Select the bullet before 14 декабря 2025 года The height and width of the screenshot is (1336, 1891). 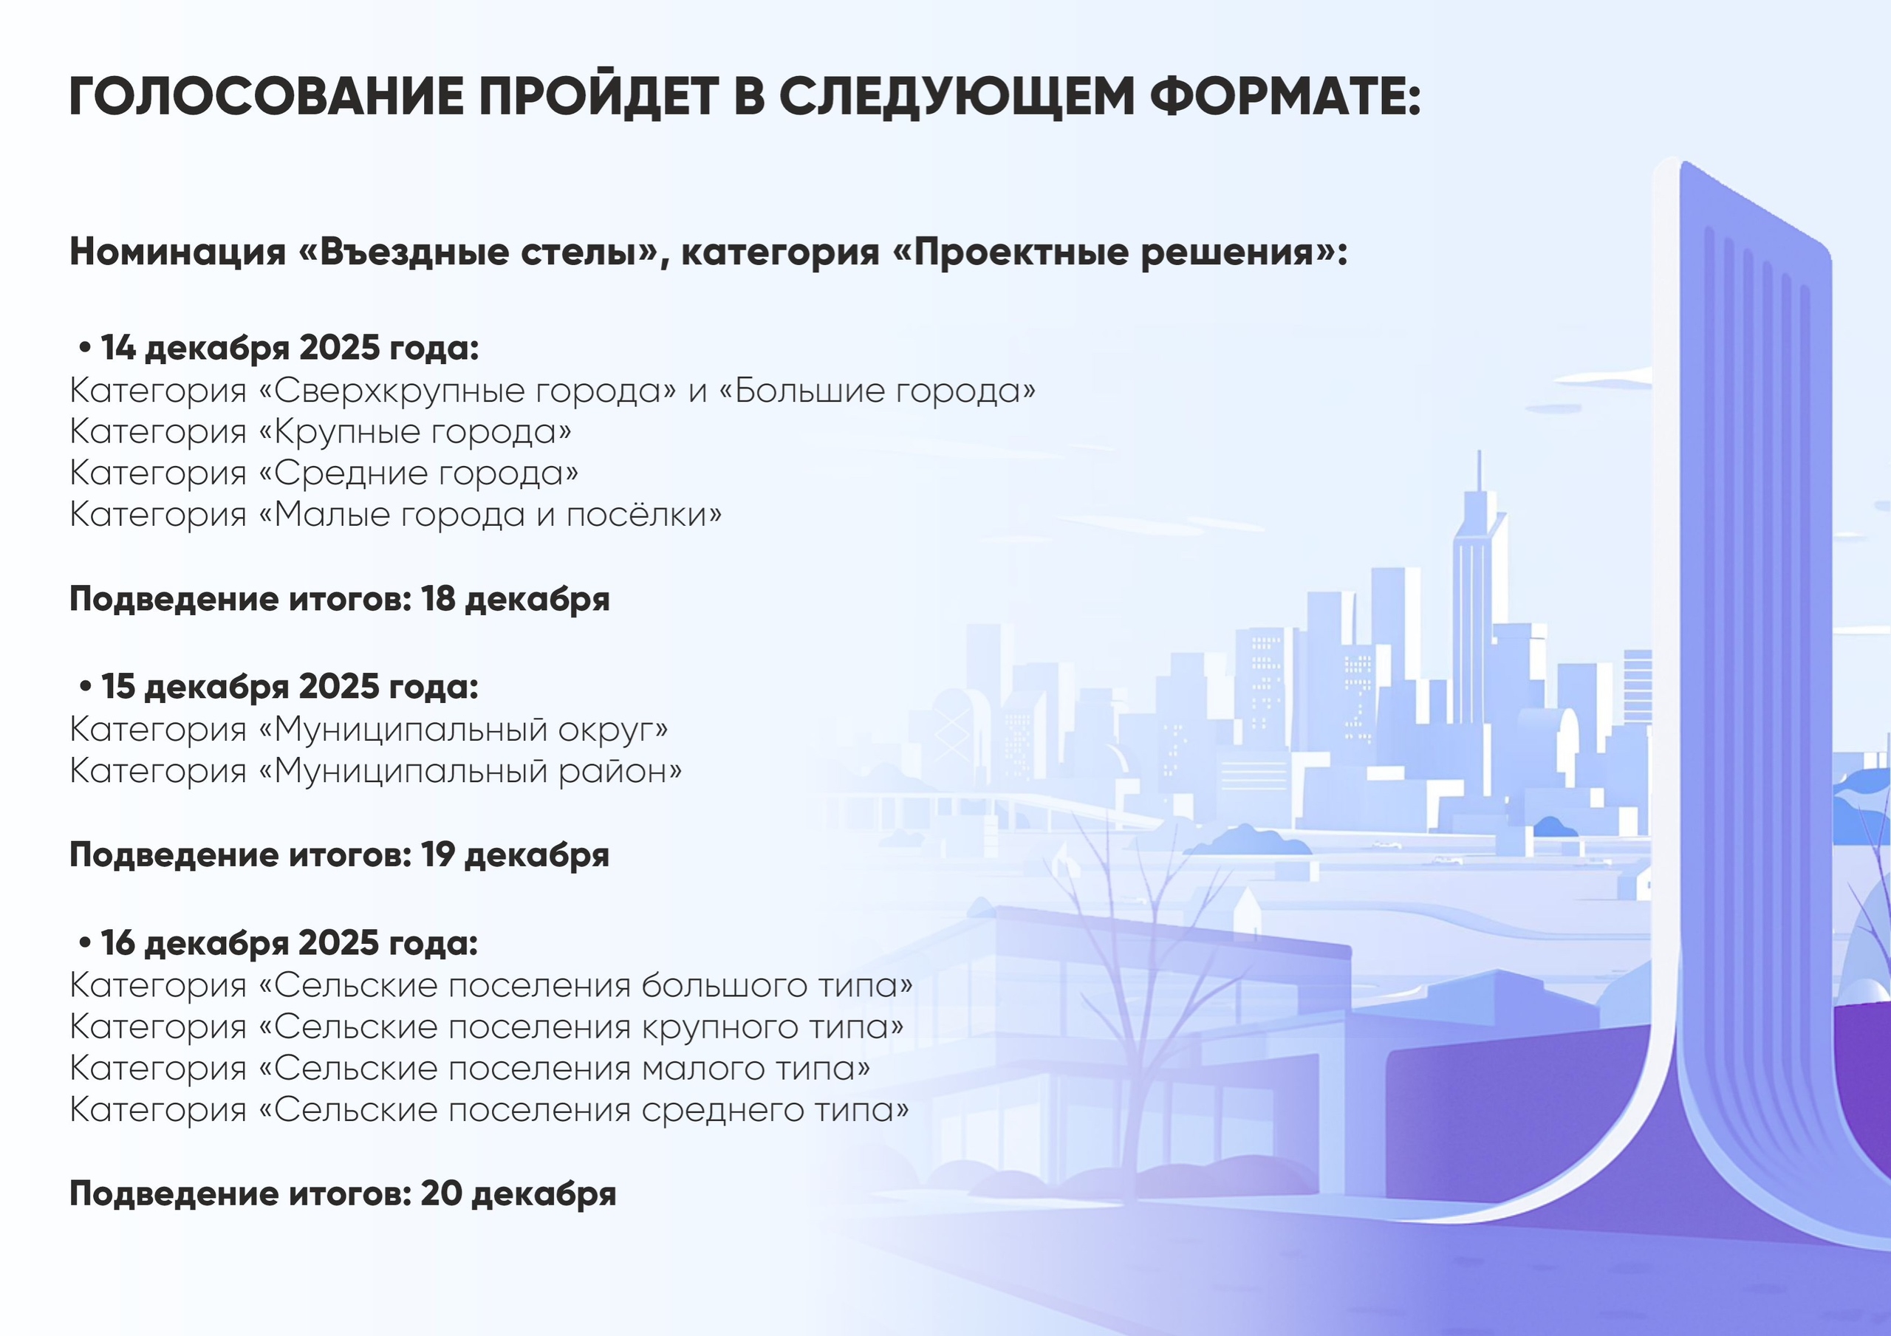86,349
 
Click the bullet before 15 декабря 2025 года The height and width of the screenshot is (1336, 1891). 86,688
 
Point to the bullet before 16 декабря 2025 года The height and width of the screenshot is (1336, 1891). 86,944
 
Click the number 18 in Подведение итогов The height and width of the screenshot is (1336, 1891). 438,599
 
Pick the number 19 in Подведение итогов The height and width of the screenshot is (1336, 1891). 438,855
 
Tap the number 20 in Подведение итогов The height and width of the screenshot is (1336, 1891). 442,1193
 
